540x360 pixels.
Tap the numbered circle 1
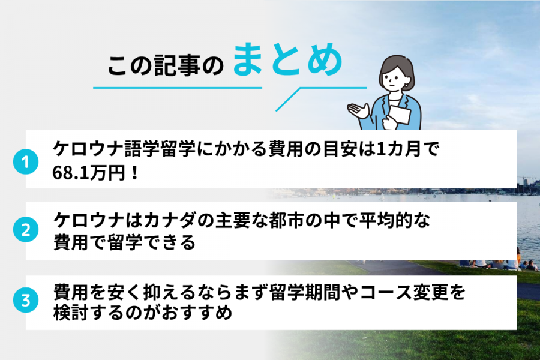point(25,162)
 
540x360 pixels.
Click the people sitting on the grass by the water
point(498,263)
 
